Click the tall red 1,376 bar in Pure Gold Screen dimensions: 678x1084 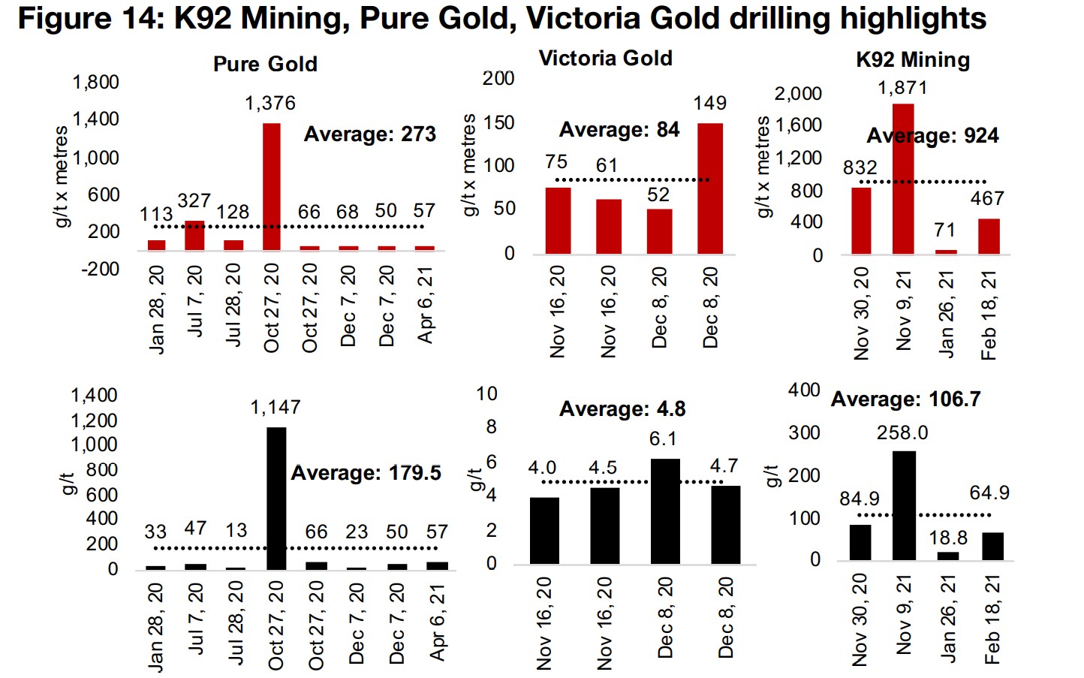tap(271, 186)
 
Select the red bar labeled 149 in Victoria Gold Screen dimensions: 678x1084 tap(709, 188)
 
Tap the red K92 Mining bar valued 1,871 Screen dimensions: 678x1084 tap(903, 179)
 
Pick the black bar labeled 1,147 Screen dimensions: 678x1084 tap(276, 499)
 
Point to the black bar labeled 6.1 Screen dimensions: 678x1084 tap(664, 511)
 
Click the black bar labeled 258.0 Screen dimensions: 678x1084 tap(904, 505)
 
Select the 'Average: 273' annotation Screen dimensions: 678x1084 tap(369, 134)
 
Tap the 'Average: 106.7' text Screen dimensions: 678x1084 tap(905, 399)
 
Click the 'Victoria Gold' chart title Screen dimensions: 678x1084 tap(605, 59)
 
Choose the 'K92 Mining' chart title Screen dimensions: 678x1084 tap(913, 60)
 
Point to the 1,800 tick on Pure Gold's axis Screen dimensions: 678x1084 tap(95, 82)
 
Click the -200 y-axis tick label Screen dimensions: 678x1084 tap(100, 269)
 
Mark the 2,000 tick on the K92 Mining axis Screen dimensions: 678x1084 tap(798, 94)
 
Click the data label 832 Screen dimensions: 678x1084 tap(860, 167)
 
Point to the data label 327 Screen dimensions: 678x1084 tap(194, 201)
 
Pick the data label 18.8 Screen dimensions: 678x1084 tap(948, 538)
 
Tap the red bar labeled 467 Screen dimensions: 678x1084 tap(989, 237)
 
